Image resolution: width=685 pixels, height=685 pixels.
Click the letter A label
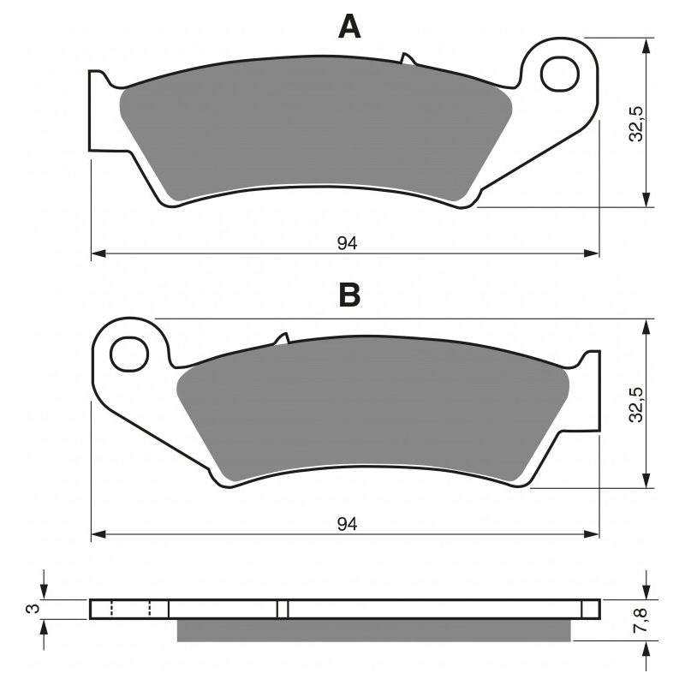click(349, 27)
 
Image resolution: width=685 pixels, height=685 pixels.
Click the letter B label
click(349, 295)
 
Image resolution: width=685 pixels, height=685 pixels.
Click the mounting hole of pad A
click(561, 73)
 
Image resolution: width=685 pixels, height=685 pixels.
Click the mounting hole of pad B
click(130, 352)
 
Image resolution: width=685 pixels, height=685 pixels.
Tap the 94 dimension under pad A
click(346, 243)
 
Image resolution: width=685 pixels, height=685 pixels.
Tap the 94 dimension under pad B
click(346, 523)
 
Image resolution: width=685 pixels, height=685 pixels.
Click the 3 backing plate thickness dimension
click(33, 609)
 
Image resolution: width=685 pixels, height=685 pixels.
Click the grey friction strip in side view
click(372, 630)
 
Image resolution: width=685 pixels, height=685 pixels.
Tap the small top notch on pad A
click(408, 60)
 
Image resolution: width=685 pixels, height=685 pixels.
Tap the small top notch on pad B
click(282, 339)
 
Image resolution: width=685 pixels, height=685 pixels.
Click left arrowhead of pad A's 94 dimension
click(97, 253)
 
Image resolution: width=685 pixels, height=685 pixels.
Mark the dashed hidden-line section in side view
click(131, 609)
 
